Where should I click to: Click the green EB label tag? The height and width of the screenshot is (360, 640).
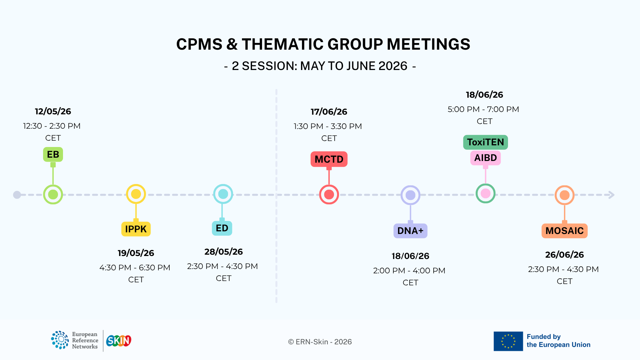[x=53, y=154]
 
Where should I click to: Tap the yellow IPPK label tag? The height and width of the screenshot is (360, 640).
[x=136, y=229]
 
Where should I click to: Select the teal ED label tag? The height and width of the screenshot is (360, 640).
[x=222, y=228]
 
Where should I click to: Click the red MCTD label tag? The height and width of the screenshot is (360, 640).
[x=329, y=159]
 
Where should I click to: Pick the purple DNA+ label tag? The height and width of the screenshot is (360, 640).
[x=410, y=231]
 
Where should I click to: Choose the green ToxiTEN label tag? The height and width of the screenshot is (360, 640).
[x=486, y=142]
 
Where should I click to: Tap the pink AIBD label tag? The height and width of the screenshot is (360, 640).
[x=486, y=158]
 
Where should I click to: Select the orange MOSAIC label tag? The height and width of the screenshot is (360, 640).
[x=565, y=231]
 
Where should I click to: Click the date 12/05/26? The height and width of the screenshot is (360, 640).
[x=53, y=111]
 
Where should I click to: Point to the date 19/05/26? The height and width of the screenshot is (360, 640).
[x=136, y=253]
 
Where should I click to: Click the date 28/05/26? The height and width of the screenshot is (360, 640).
[x=224, y=252]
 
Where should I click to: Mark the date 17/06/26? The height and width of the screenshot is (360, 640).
[x=329, y=112]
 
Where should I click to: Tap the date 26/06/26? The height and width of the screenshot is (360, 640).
[x=565, y=255]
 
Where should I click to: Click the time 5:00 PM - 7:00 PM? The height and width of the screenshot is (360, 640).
[x=483, y=109]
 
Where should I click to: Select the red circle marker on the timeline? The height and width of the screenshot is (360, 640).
[x=329, y=194]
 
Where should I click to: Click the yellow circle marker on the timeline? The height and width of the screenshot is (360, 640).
[x=136, y=194]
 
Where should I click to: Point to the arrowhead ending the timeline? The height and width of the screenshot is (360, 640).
[x=612, y=195]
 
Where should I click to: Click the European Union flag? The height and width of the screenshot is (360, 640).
[x=508, y=341]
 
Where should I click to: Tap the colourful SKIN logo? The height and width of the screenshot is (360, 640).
[x=119, y=341]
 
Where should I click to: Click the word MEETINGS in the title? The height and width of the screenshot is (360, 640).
[x=429, y=44]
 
